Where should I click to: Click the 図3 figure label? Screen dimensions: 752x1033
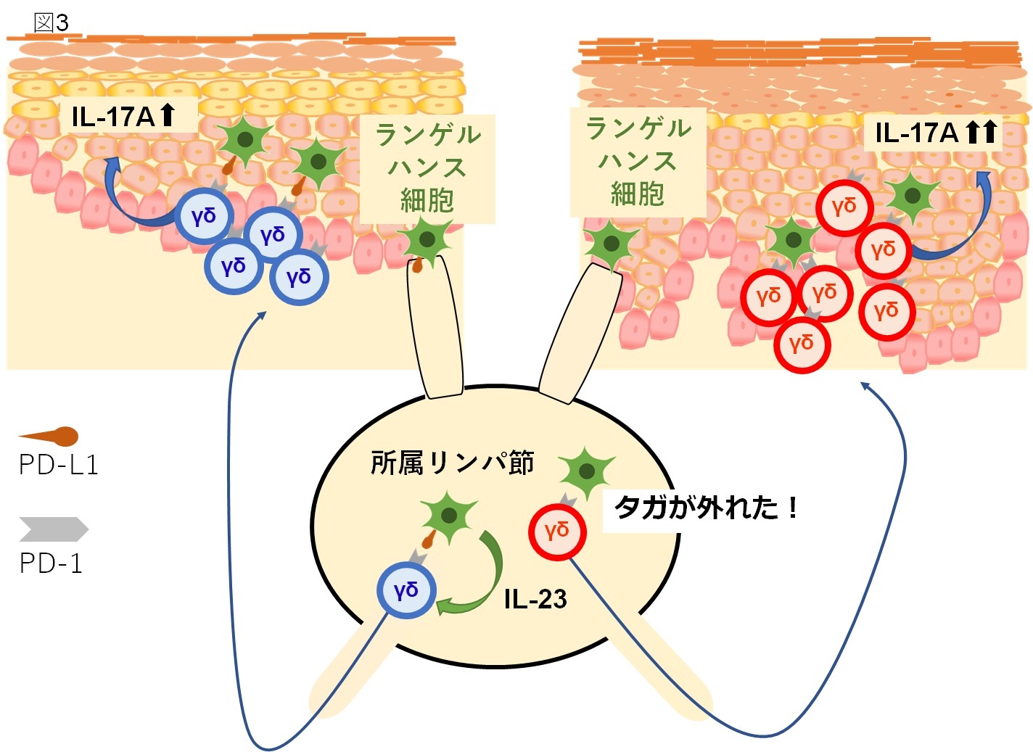pos(52,22)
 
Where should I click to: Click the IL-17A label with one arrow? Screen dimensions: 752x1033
pos(123,116)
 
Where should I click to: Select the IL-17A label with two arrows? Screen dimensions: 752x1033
pos(935,132)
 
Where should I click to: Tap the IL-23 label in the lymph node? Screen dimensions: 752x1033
pos(535,599)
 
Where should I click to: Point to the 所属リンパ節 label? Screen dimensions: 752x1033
pos(452,463)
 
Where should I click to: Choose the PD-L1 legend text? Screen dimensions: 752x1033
pos(59,465)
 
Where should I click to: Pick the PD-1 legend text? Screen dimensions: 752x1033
pos(51,563)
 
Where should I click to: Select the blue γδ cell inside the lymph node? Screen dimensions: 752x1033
pos(406,590)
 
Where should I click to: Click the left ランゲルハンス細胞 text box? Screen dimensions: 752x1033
pos(428,168)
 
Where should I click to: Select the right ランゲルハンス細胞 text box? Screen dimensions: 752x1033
pos(638,162)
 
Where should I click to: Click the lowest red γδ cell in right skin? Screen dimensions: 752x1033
pos(802,344)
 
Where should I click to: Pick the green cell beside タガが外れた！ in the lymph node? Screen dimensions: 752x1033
pos(586,472)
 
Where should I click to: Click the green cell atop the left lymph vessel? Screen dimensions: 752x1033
pos(427,240)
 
